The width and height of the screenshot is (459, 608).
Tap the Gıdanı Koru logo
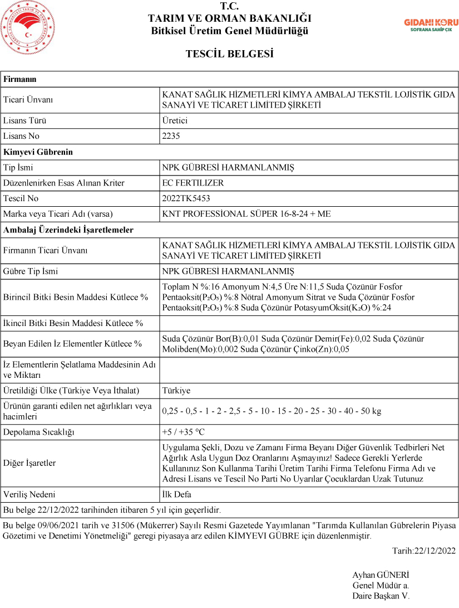pyautogui.click(x=431, y=25)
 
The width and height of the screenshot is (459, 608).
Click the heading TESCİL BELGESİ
pyautogui.click(x=229, y=54)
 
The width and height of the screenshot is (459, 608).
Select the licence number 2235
pyautogui.click(x=171, y=136)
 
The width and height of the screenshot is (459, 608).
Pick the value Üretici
pyautogui.click(x=175, y=120)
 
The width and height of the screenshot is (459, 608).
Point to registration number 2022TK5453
pyautogui.click(x=186, y=198)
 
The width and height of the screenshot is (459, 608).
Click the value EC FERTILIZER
pyautogui.click(x=193, y=183)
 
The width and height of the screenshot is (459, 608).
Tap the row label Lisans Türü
pyautogui.click(x=25, y=120)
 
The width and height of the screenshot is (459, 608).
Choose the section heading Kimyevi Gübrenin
pyautogui.click(x=38, y=152)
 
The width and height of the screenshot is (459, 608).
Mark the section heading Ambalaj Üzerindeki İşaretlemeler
pyautogui.click(x=68, y=230)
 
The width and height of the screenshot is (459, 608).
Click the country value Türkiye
pyautogui.click(x=176, y=391)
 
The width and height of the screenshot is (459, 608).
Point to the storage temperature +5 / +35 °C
pyautogui.click(x=184, y=432)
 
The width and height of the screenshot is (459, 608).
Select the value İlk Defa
pyautogui.click(x=177, y=494)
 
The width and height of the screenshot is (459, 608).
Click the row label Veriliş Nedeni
pyautogui.click(x=29, y=494)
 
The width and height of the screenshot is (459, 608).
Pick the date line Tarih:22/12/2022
pyautogui.click(x=423, y=551)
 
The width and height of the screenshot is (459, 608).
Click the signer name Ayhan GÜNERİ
pyautogui.click(x=381, y=575)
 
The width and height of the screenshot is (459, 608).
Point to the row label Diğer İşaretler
pyautogui.click(x=29, y=463)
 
